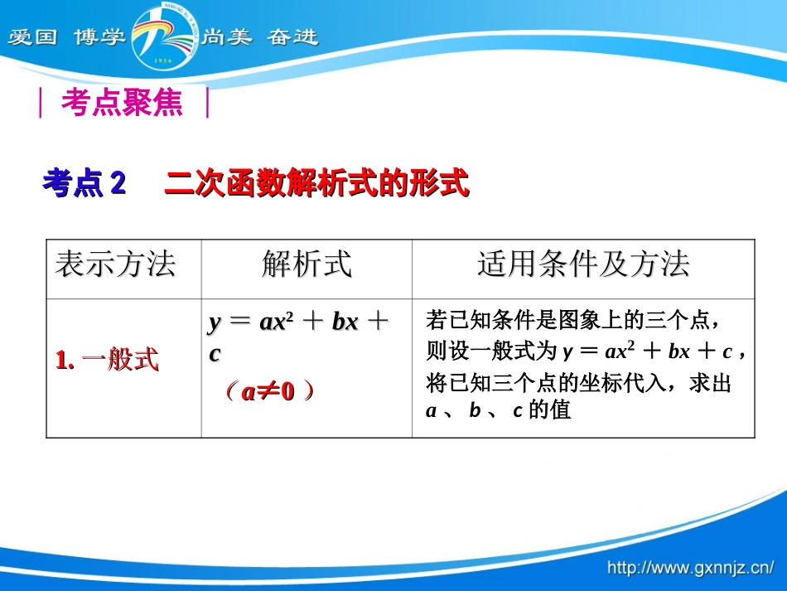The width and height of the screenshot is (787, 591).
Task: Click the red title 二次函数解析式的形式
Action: (316, 183)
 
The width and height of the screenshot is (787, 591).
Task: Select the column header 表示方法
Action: (115, 265)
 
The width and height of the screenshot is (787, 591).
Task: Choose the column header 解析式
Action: (307, 265)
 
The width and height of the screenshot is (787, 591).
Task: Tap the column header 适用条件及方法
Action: (583, 265)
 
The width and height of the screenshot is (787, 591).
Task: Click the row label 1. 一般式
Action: (107, 361)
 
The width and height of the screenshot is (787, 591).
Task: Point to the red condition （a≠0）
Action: (269, 392)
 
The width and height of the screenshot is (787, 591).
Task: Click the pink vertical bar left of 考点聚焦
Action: (41, 104)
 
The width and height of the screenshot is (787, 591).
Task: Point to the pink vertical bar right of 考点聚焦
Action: (207, 104)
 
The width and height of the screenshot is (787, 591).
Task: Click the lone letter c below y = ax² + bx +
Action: (215, 354)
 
